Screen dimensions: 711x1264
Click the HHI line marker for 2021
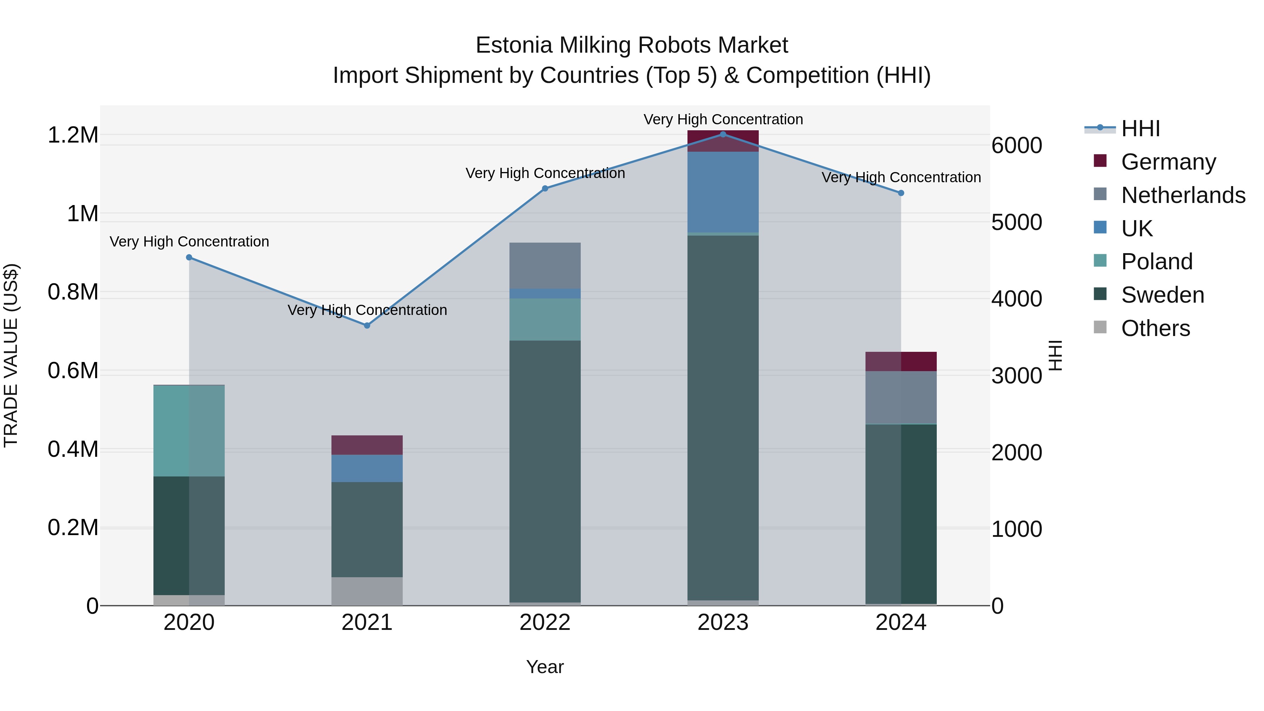pos(367,325)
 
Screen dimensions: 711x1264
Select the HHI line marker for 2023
pos(723,134)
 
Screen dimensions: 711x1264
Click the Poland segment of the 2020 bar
pos(189,431)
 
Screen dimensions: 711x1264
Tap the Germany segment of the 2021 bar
pos(367,445)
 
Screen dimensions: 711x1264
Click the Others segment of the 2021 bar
pos(367,591)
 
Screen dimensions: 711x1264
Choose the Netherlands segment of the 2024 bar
pos(901,397)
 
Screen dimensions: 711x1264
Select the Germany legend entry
pos(1168,162)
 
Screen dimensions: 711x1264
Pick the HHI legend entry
pos(1140,129)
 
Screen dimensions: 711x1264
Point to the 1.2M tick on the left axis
pos(73,135)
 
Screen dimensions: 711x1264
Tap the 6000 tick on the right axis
pos(1017,146)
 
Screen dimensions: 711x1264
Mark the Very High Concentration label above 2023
pos(723,119)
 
